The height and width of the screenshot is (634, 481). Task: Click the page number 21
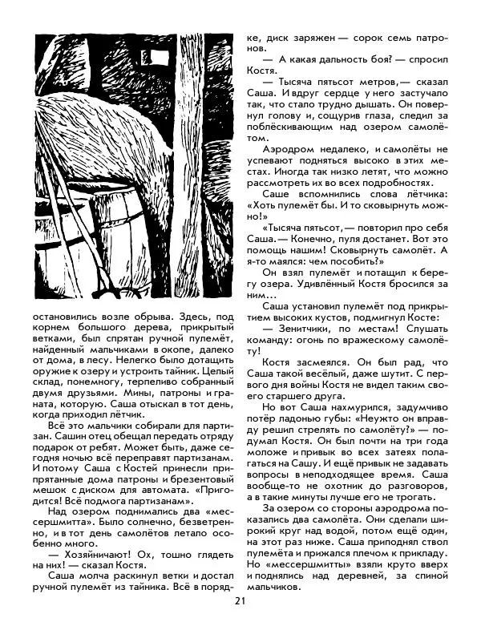tap(240, 603)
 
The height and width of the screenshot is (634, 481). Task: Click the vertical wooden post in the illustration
tap(191, 160)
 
